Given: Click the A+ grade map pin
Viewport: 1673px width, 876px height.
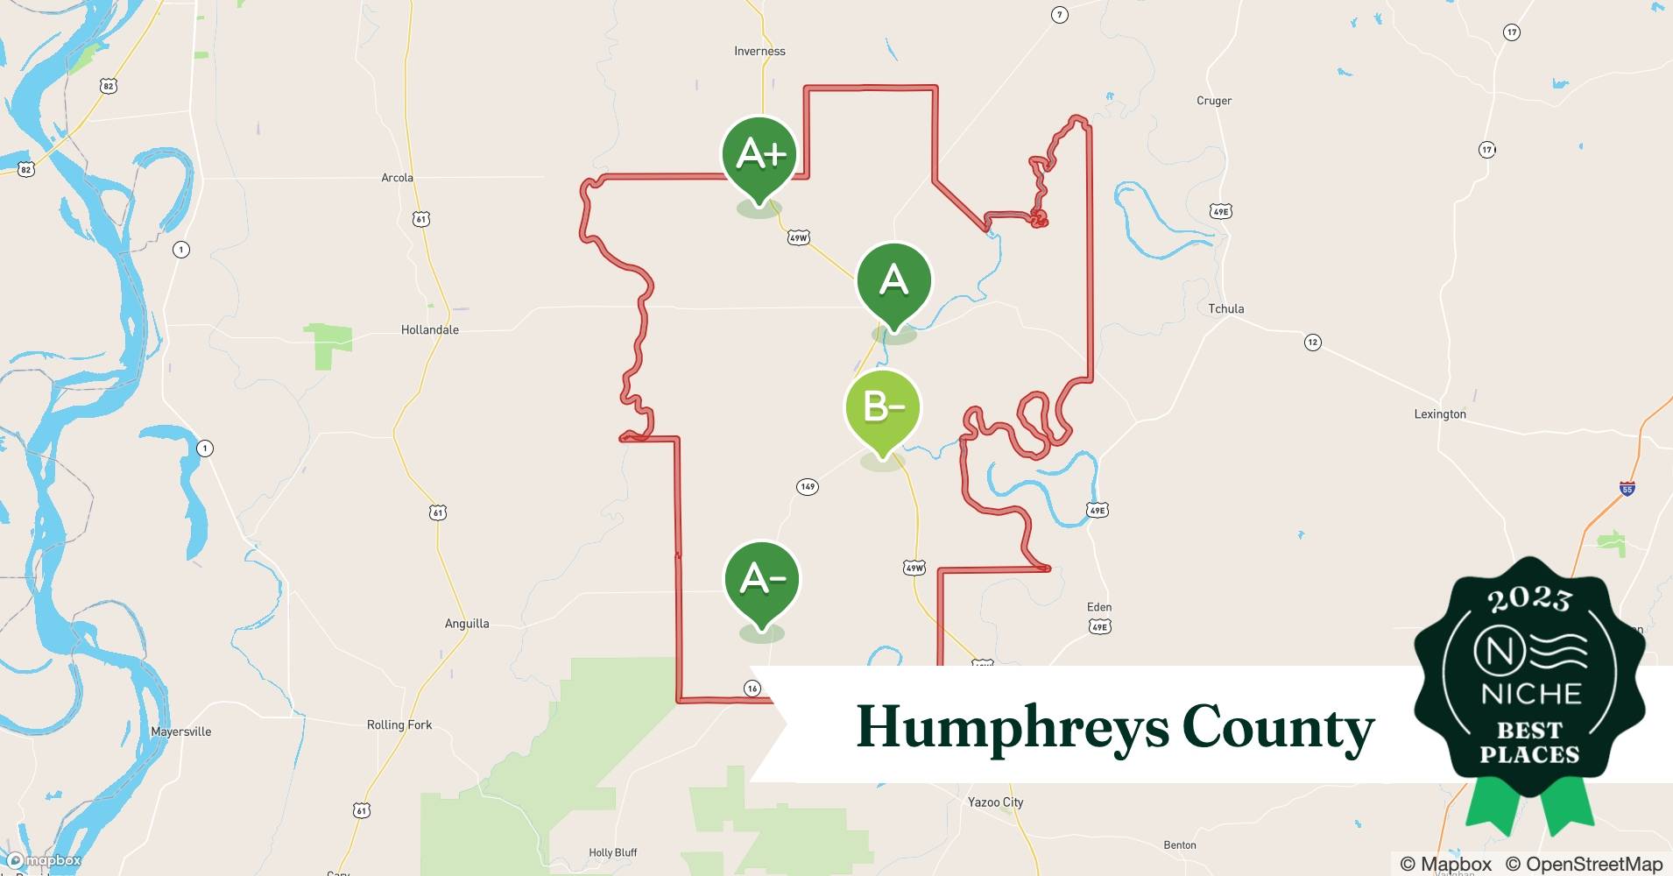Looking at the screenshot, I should tap(759, 156).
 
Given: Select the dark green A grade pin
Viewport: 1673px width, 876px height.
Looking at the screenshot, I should tap(893, 282).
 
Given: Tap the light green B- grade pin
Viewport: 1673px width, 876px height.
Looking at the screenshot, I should tap(882, 409).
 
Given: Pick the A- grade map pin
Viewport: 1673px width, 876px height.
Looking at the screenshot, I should tap(761, 580).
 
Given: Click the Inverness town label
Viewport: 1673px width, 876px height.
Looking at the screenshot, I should tap(759, 52).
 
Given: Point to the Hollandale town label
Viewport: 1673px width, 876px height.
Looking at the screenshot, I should tap(429, 330).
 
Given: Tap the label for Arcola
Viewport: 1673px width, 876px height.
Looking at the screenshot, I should tap(397, 178).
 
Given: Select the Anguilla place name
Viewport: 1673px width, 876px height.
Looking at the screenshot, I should tap(467, 624).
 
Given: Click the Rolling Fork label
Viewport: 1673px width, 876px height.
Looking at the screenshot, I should tap(399, 725).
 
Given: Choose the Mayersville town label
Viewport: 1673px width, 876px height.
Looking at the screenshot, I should tap(180, 731).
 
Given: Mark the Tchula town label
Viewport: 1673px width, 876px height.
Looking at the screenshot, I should tap(1225, 309).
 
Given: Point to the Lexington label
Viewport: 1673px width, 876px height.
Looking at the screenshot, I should tap(1439, 414).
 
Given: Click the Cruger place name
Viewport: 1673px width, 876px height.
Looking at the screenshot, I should tap(1213, 101).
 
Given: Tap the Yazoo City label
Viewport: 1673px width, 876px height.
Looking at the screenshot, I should tap(995, 802).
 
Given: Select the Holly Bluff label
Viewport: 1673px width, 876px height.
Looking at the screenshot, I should tap(612, 852).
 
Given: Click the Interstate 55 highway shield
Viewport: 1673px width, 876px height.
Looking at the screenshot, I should tap(1627, 489).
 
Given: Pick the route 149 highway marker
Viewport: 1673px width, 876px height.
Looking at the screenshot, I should tap(807, 486).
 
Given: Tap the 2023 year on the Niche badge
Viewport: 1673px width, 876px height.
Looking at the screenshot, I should tap(1528, 599).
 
